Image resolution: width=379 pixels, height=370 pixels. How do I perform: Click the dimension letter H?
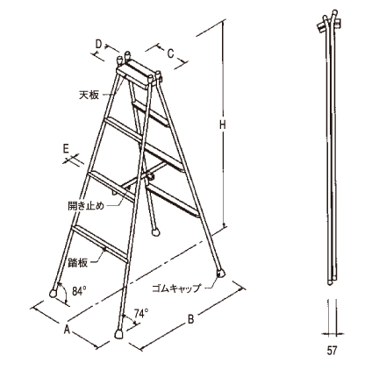(x=223, y=125)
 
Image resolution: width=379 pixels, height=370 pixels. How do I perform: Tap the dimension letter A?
(x=68, y=330)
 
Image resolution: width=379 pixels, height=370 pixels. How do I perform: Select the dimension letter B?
(x=190, y=319)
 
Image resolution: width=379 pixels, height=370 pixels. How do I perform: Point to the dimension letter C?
(x=170, y=53)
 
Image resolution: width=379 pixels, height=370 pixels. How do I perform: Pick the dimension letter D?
(x=99, y=44)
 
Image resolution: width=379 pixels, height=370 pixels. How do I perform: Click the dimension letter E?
(x=66, y=149)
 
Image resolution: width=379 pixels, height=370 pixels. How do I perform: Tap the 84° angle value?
(x=79, y=291)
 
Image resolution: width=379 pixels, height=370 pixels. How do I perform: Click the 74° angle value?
(x=141, y=313)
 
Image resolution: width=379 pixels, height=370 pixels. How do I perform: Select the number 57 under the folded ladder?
(x=332, y=350)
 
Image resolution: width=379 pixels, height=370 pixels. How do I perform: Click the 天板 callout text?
(x=89, y=95)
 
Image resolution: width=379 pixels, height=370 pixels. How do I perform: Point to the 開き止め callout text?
(x=86, y=206)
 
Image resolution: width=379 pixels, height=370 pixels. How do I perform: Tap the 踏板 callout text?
(x=77, y=262)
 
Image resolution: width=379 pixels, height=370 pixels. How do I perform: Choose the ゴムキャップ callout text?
(x=176, y=288)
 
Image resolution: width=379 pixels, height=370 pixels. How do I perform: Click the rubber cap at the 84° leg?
(x=54, y=293)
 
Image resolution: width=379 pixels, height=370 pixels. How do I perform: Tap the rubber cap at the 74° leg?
(x=118, y=334)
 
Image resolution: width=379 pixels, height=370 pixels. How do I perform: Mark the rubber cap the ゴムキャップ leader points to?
(x=221, y=274)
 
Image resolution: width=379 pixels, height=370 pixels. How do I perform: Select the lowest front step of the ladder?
(x=100, y=243)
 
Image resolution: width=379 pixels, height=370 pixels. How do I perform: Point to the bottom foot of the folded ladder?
(x=331, y=281)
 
